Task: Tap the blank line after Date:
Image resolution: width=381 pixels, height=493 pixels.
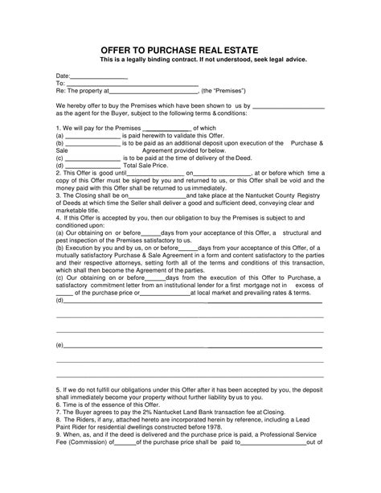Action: [x=100, y=76]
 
